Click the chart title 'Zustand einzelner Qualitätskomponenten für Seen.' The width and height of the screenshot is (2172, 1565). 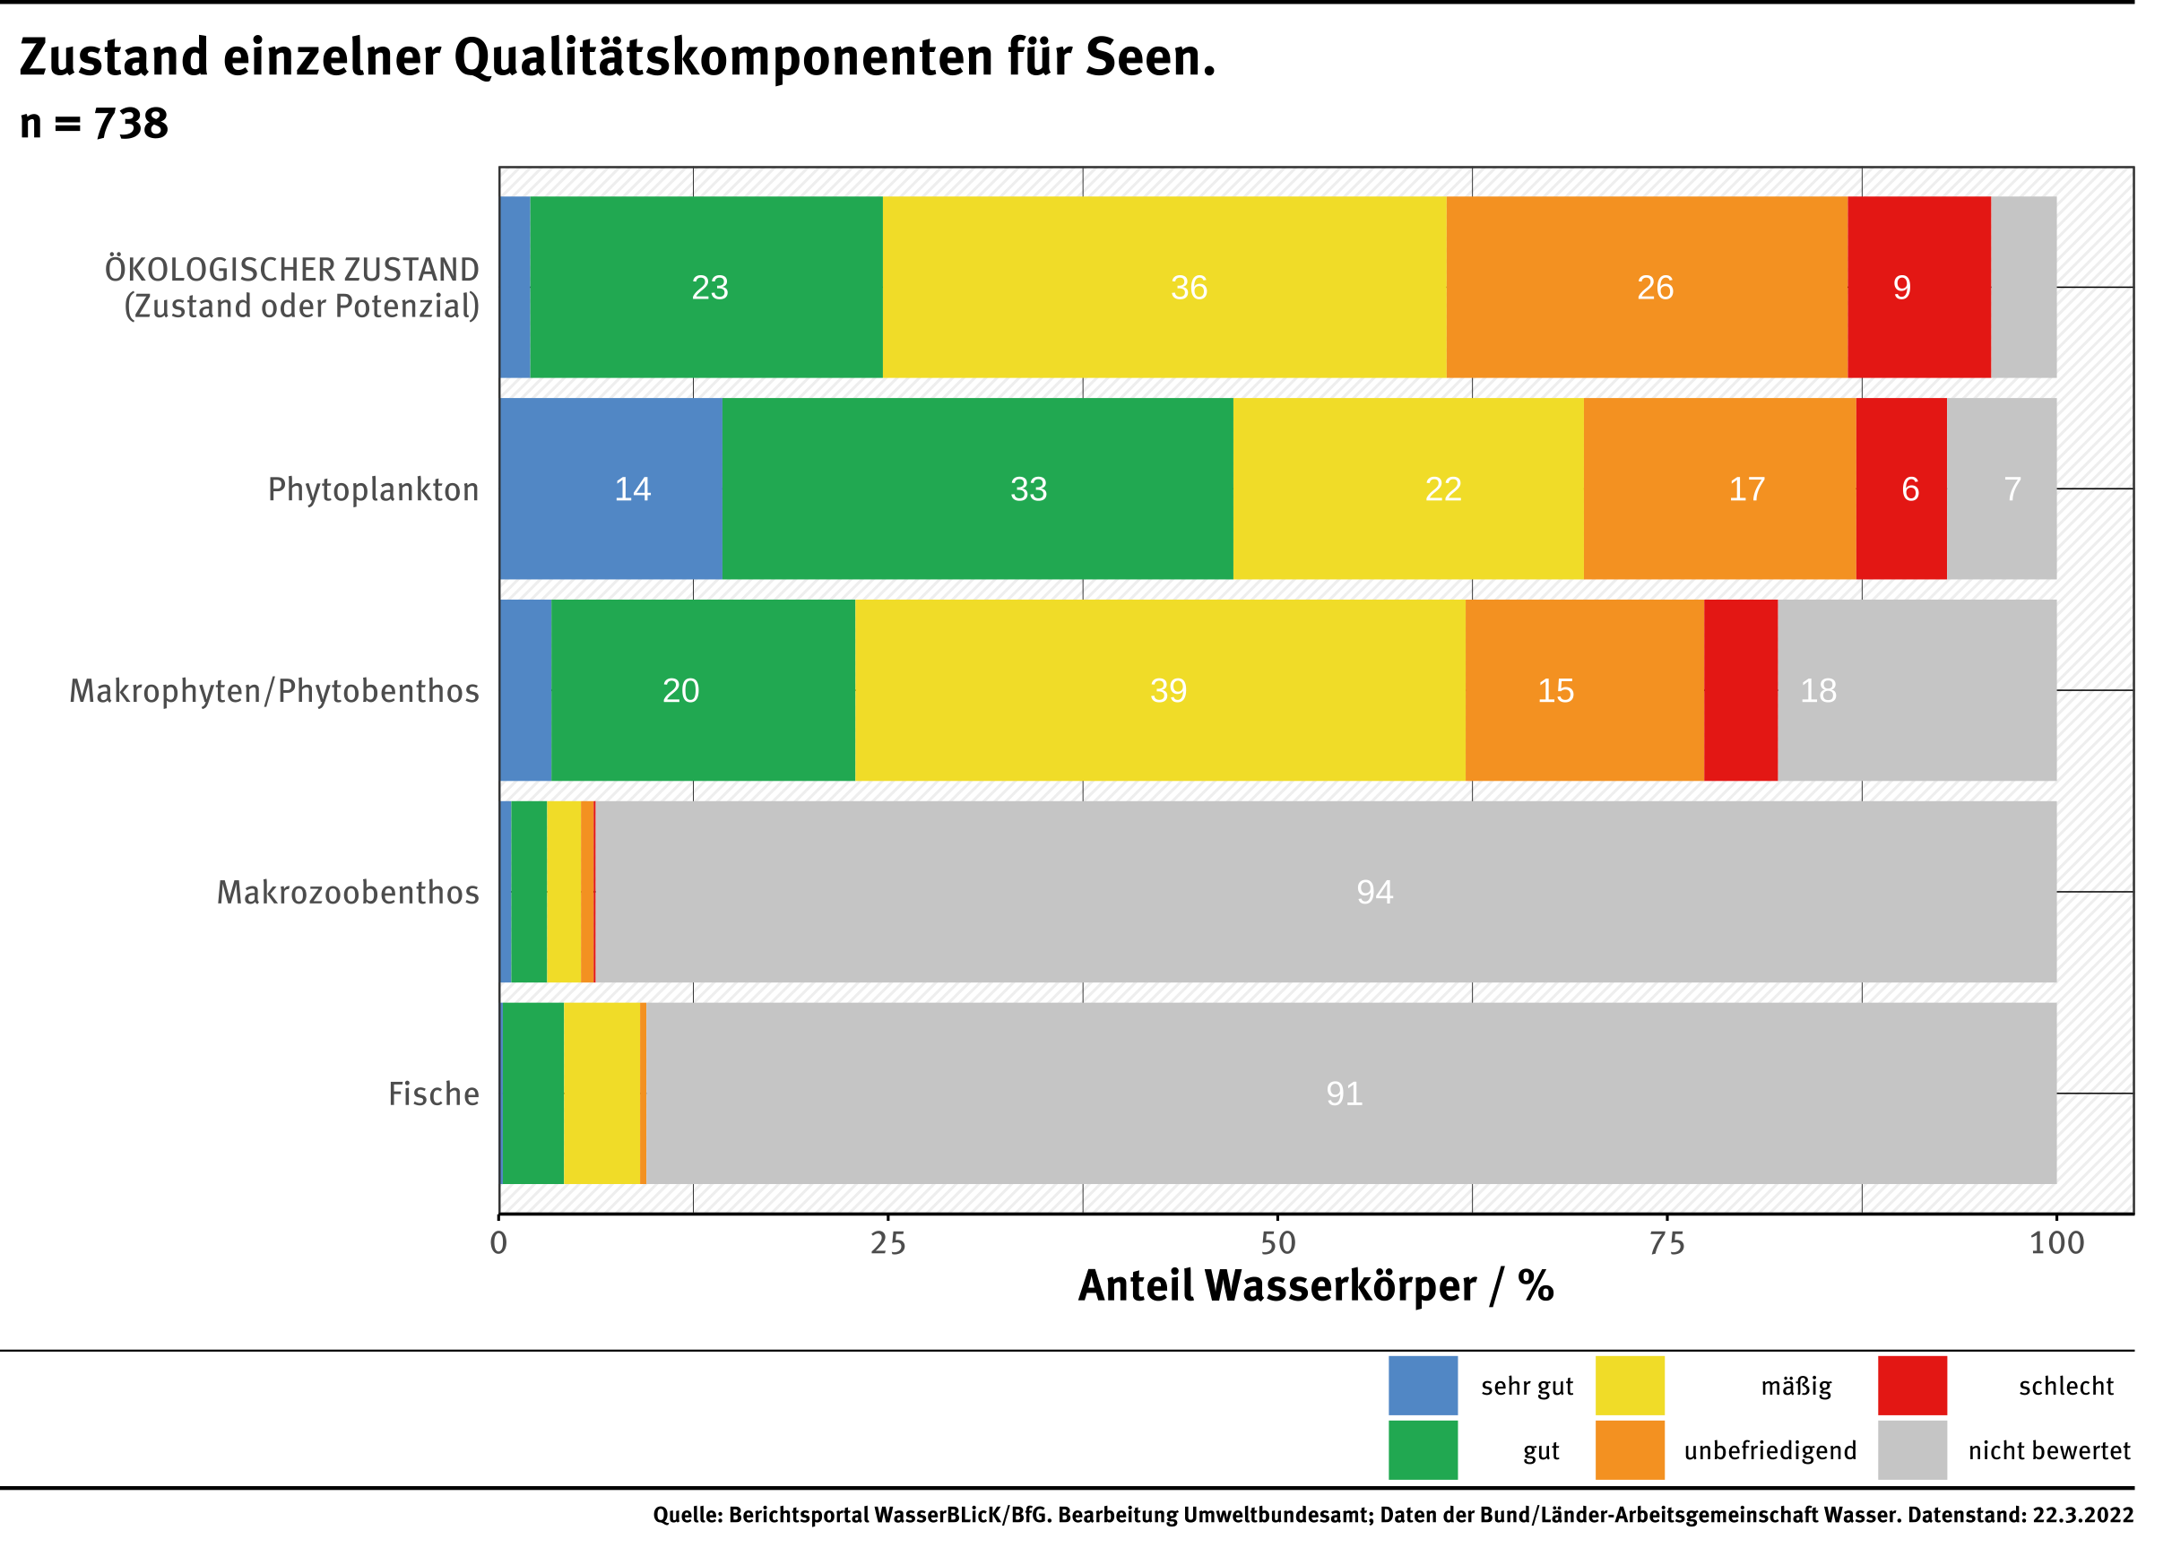click(x=617, y=57)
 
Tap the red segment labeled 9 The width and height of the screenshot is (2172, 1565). click(x=1918, y=288)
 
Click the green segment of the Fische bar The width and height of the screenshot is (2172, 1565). click(x=533, y=1093)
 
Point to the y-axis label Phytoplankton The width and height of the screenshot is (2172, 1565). click(x=373, y=489)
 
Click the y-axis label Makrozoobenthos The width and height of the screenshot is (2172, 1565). click(x=348, y=893)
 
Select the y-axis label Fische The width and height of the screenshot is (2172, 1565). click(x=433, y=1094)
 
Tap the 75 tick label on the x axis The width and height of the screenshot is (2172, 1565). click(x=1666, y=1243)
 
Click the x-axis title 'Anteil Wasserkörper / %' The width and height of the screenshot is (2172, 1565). click(x=1315, y=1286)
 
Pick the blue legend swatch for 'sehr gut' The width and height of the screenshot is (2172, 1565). click(x=1423, y=1385)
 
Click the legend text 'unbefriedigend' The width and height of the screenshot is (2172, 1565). click(x=1770, y=1450)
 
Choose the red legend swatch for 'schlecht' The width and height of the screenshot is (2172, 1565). click(x=1911, y=1385)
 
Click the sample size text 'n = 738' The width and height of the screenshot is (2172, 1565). click(x=94, y=124)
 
